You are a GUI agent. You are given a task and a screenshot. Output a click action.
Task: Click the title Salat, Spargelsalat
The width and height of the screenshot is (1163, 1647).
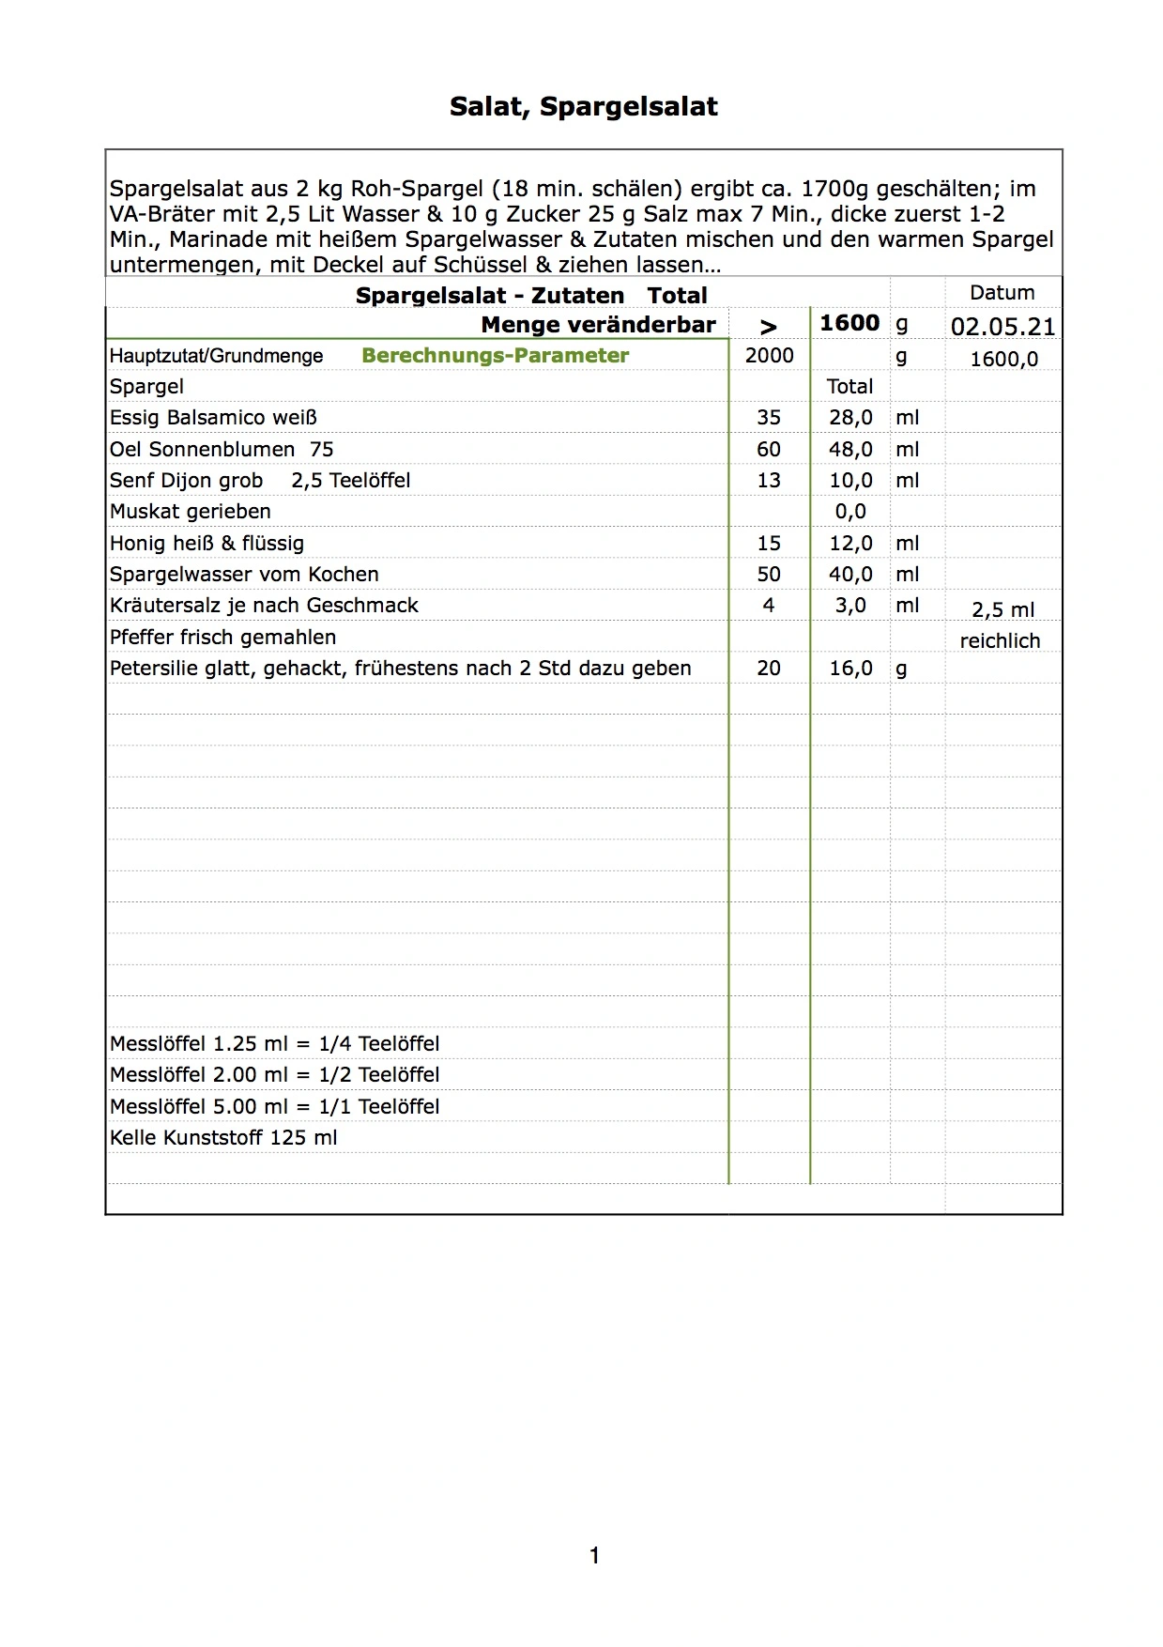point(583,107)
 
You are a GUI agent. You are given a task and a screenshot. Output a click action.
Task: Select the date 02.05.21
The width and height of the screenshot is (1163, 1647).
point(1002,327)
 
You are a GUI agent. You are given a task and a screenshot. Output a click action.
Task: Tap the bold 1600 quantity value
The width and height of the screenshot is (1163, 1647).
point(849,323)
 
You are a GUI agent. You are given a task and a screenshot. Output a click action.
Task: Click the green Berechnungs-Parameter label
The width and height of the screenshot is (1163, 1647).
point(495,356)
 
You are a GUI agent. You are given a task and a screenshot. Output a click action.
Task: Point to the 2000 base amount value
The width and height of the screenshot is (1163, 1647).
point(769,355)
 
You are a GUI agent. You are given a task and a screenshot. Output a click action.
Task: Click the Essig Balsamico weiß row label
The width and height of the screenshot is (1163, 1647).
point(213,418)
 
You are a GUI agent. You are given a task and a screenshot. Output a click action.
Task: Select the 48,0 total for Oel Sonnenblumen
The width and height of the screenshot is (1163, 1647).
point(850,449)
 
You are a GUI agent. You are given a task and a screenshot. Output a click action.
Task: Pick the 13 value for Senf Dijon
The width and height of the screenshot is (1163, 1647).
point(769,481)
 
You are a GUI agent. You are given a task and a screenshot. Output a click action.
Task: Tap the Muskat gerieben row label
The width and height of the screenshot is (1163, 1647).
point(190,512)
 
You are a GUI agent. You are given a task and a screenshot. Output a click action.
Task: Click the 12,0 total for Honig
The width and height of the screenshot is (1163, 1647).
point(850,543)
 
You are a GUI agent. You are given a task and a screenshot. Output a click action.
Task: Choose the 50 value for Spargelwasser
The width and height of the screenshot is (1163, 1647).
point(769,574)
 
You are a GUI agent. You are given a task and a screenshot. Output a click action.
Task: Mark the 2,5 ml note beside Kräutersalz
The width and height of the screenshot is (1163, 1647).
point(1002,610)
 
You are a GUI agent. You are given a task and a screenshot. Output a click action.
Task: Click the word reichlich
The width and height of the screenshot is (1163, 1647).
point(1000,641)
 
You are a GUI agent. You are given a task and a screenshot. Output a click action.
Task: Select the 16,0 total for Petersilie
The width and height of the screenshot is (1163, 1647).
point(850,668)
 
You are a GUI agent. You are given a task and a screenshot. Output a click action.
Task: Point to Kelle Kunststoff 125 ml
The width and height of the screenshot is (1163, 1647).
point(223,1138)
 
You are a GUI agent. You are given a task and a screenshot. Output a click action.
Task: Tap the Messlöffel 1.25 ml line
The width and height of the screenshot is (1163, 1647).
point(274,1044)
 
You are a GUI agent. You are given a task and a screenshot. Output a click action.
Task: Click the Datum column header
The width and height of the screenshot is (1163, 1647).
point(1002,293)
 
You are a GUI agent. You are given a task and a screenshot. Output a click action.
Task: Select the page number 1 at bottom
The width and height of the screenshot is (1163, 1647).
point(594,1556)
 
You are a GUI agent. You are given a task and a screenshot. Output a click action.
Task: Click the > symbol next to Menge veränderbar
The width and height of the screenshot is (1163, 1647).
point(769,327)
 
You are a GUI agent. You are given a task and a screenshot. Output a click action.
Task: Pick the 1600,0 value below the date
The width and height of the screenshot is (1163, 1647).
point(1003,359)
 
